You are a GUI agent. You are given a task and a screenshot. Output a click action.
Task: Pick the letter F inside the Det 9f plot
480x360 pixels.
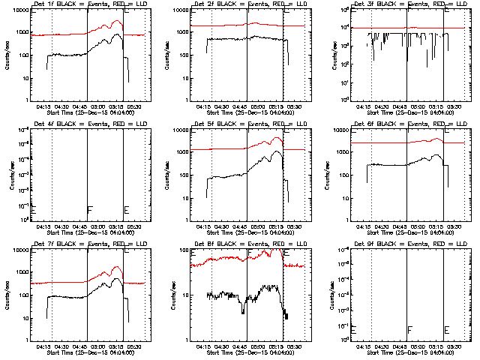[409, 329]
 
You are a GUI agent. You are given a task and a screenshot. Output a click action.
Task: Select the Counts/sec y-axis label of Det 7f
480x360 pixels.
[7, 295]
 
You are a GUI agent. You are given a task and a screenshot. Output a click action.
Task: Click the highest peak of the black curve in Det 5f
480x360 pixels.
[277, 151]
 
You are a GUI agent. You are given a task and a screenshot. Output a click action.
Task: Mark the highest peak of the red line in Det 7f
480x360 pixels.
[117, 266]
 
